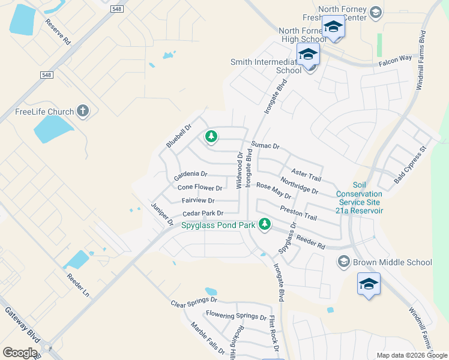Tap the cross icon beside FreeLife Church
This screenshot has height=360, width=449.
tap(83, 111)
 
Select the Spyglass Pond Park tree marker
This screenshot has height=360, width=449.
tap(264, 225)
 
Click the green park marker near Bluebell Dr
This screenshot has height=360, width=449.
tap(211, 137)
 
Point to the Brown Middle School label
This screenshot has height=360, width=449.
tap(392, 262)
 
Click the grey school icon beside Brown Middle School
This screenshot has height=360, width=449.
tap(343, 261)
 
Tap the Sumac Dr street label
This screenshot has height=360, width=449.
tap(265, 146)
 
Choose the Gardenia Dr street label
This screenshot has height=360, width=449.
tap(190, 175)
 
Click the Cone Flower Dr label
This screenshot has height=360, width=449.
tap(200, 188)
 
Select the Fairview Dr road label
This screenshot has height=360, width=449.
tap(197, 200)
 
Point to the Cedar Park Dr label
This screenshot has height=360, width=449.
tap(203, 213)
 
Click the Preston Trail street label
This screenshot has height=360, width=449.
tap(298, 212)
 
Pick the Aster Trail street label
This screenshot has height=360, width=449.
tap(306, 175)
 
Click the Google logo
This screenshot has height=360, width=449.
tap(20, 352)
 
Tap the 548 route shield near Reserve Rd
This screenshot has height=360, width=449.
tap(118, 10)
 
